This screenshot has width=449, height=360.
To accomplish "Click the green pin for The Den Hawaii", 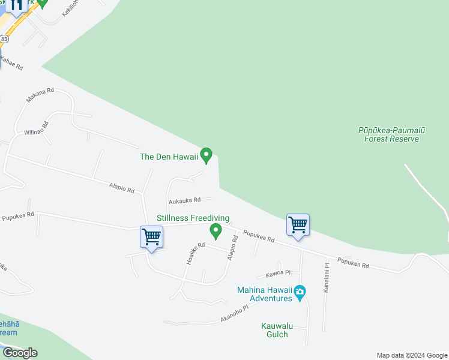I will click(206, 155).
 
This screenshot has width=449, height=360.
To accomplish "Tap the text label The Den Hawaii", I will click(169, 157).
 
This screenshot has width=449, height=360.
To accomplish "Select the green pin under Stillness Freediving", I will click(215, 230).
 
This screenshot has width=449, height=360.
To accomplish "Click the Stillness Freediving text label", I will click(193, 218).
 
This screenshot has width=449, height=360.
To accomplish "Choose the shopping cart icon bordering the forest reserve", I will click(298, 226).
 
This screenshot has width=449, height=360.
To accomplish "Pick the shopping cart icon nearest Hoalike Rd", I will click(151, 237).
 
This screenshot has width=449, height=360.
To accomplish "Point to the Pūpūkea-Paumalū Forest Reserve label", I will click(391, 134).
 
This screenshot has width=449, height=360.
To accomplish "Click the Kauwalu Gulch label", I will click(277, 330).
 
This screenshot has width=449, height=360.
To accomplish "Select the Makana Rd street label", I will click(40, 95).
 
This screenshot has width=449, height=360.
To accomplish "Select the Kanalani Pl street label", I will click(327, 277).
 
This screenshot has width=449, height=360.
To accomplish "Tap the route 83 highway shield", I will click(5, 38).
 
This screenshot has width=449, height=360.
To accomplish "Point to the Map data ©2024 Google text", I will click(412, 355).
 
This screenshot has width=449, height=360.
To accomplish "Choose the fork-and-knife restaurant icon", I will click(17, 5).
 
